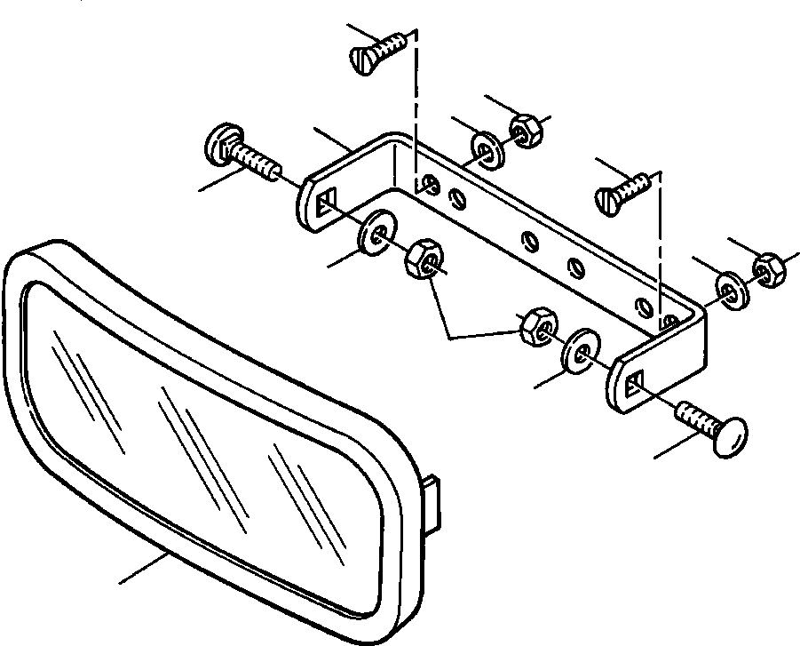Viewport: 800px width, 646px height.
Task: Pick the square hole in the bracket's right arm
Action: click(x=632, y=384)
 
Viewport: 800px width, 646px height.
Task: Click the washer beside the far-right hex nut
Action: click(x=732, y=290)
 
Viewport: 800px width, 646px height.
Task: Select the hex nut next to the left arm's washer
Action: click(x=424, y=258)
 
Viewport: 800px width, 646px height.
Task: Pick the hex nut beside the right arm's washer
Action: click(x=535, y=326)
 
